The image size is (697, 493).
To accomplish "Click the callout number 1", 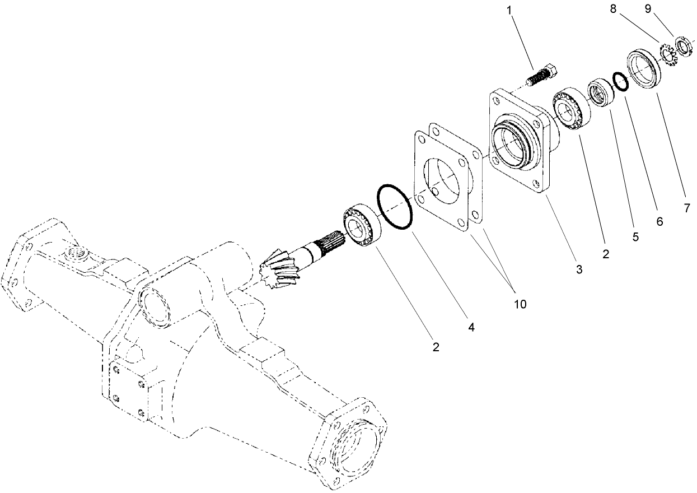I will (x=509, y=10).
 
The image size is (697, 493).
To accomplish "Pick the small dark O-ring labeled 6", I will (x=620, y=81).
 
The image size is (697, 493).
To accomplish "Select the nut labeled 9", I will (x=682, y=44).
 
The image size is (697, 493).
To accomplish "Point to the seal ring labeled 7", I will (x=644, y=67).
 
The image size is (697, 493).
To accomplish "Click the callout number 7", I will (x=686, y=208).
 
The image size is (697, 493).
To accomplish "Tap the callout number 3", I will (x=579, y=269).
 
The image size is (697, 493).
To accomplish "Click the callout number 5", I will (x=635, y=237).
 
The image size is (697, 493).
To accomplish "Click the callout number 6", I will (x=659, y=222).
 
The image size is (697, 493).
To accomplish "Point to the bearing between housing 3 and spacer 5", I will (x=570, y=109).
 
